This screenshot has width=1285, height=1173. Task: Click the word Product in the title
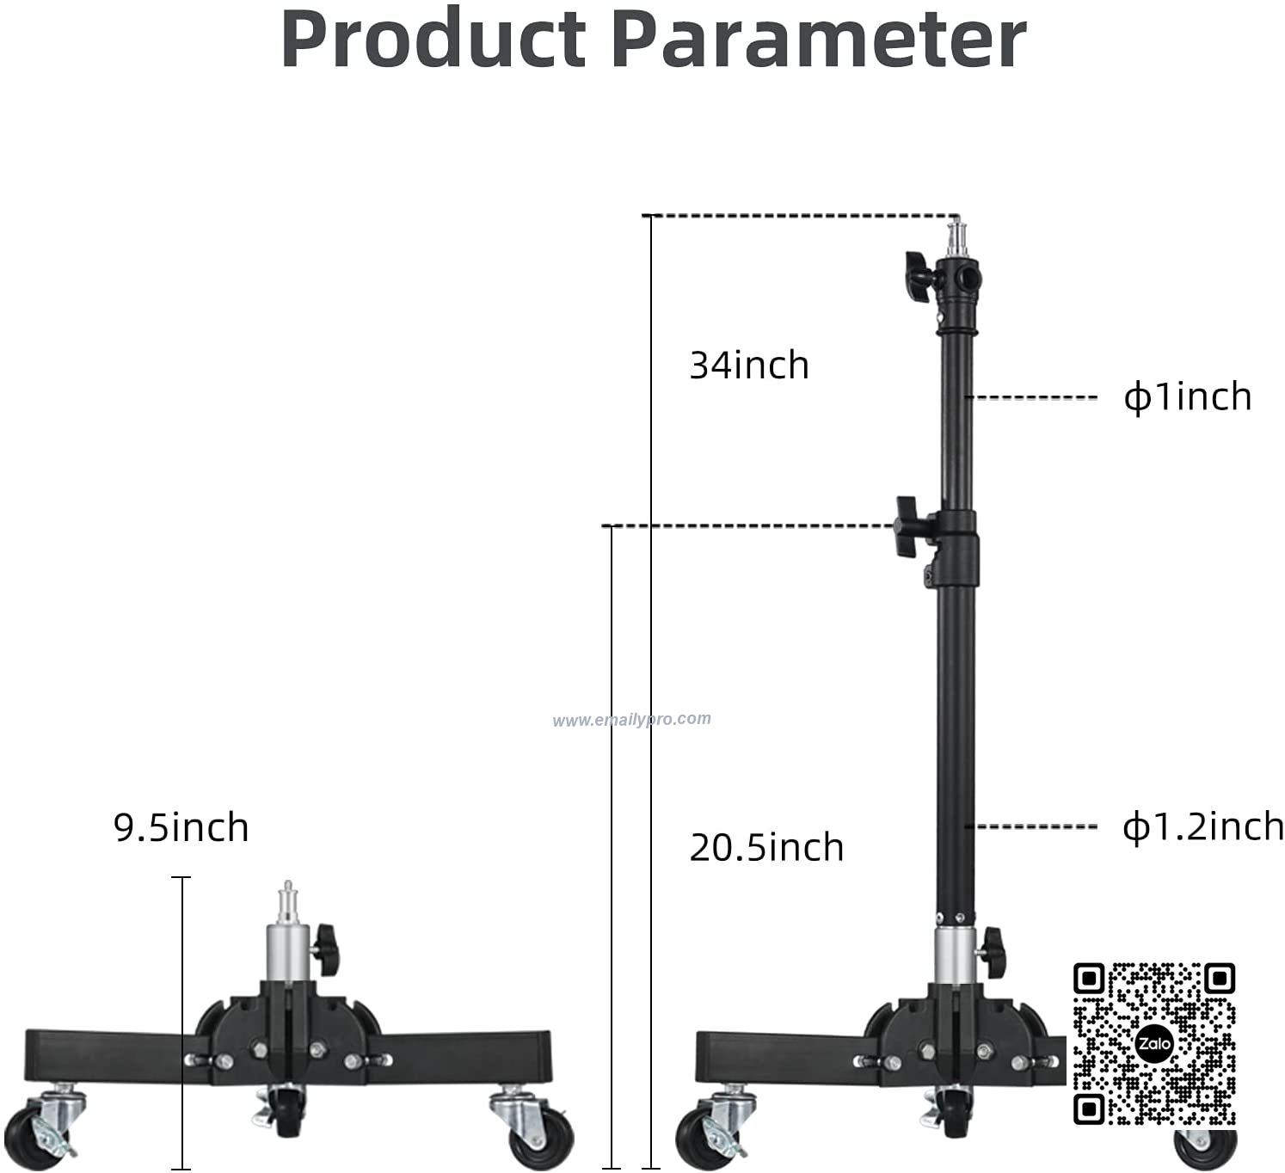point(433,39)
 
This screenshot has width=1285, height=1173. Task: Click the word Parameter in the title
point(819,39)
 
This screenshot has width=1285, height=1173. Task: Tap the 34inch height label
point(749,365)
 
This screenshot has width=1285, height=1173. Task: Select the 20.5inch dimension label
point(766,847)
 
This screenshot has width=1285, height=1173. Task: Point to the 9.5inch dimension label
point(181,827)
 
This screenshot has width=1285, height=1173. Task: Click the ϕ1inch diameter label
point(1188,396)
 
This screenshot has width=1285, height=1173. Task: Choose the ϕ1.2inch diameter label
point(1203,826)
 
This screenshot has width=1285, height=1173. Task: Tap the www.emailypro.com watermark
point(631,719)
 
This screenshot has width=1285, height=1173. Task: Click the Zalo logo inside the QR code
point(1154,1044)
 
